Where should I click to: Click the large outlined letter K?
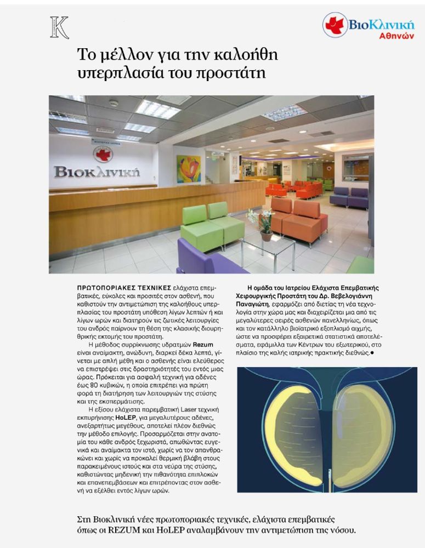point(59,28)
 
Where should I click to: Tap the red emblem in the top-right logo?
point(335,25)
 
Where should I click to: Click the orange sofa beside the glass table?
point(299,219)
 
